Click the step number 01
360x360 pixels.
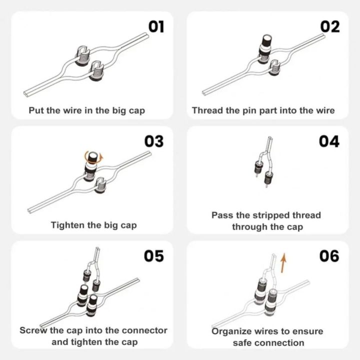[156, 26]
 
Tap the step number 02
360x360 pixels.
[330, 26]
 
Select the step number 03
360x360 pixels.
[154, 141]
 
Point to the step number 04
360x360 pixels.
[329, 141]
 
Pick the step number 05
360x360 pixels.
[154, 256]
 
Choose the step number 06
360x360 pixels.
[329, 256]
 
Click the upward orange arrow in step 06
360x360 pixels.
[283, 263]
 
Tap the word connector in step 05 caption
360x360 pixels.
[144, 330]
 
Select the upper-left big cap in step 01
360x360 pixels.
[82, 55]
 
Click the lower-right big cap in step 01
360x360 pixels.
[96, 70]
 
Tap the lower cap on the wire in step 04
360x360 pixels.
[268, 177]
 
